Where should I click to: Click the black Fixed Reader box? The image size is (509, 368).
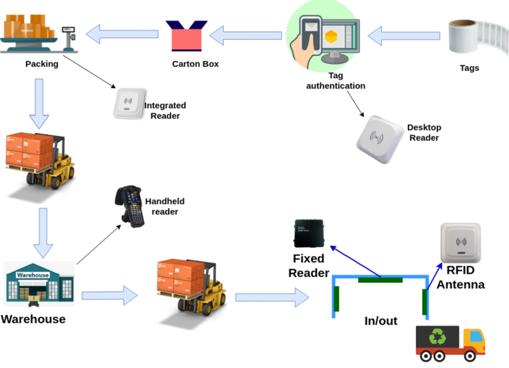308,233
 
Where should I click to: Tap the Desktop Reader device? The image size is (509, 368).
380,139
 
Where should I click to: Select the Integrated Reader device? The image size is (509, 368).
130,104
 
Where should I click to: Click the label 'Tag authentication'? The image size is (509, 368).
336,81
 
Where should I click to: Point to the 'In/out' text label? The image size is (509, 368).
380,321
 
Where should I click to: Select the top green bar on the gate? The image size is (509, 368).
380,280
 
